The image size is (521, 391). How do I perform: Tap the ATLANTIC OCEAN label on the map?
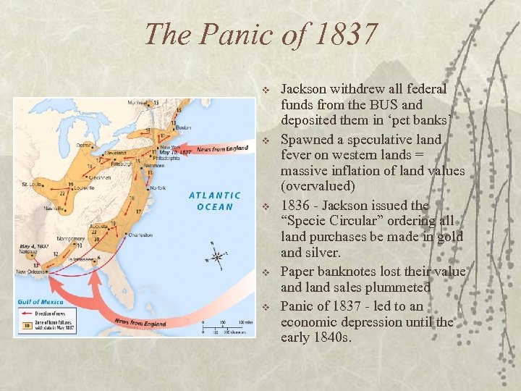coord(215,201)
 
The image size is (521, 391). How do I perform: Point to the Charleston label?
coord(139,234)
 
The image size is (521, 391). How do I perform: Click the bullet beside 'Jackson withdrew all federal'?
coord(266,89)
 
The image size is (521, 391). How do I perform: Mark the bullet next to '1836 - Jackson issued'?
coord(266,206)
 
